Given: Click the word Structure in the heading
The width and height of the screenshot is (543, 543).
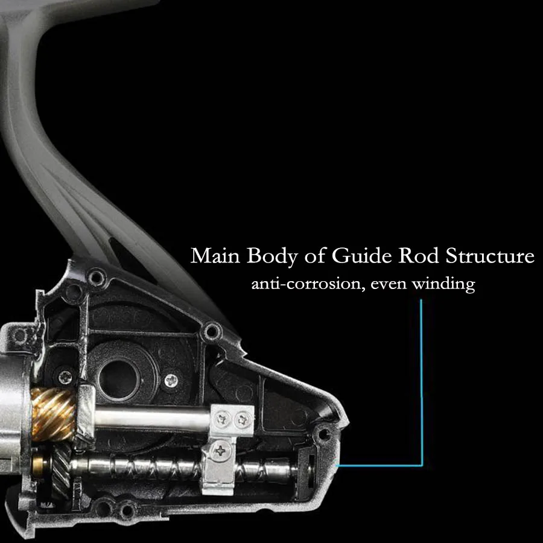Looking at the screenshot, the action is (x=490, y=256).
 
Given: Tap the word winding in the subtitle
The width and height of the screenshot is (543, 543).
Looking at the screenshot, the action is (x=443, y=284).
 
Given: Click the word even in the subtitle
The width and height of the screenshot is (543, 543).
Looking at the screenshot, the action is (x=389, y=284).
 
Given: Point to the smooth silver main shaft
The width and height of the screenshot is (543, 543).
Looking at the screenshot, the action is (x=151, y=418).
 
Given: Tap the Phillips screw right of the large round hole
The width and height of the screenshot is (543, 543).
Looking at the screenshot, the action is (x=172, y=380).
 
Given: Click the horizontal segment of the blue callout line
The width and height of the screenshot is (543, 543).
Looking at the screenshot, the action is (x=380, y=465).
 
